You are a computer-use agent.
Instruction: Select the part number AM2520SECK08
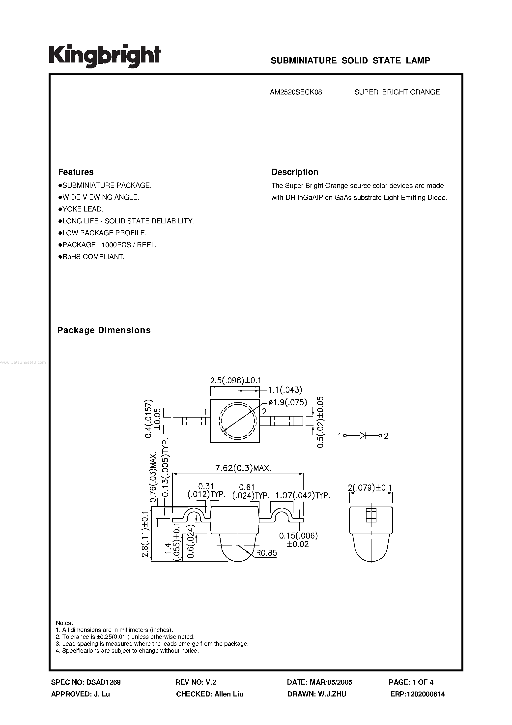point(296,92)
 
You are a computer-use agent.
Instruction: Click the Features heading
point(76,172)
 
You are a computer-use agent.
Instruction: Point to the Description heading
point(294,172)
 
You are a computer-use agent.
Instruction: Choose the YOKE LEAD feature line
point(81,209)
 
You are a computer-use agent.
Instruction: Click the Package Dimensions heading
point(104,330)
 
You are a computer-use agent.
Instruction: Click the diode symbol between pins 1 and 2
point(363,436)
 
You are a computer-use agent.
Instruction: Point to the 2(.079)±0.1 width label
point(370,488)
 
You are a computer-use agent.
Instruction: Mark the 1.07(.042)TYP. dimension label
point(302,495)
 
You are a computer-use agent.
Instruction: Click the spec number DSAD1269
point(103,682)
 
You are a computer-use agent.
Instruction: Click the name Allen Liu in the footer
point(228,694)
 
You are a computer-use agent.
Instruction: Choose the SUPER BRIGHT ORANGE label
point(397,92)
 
